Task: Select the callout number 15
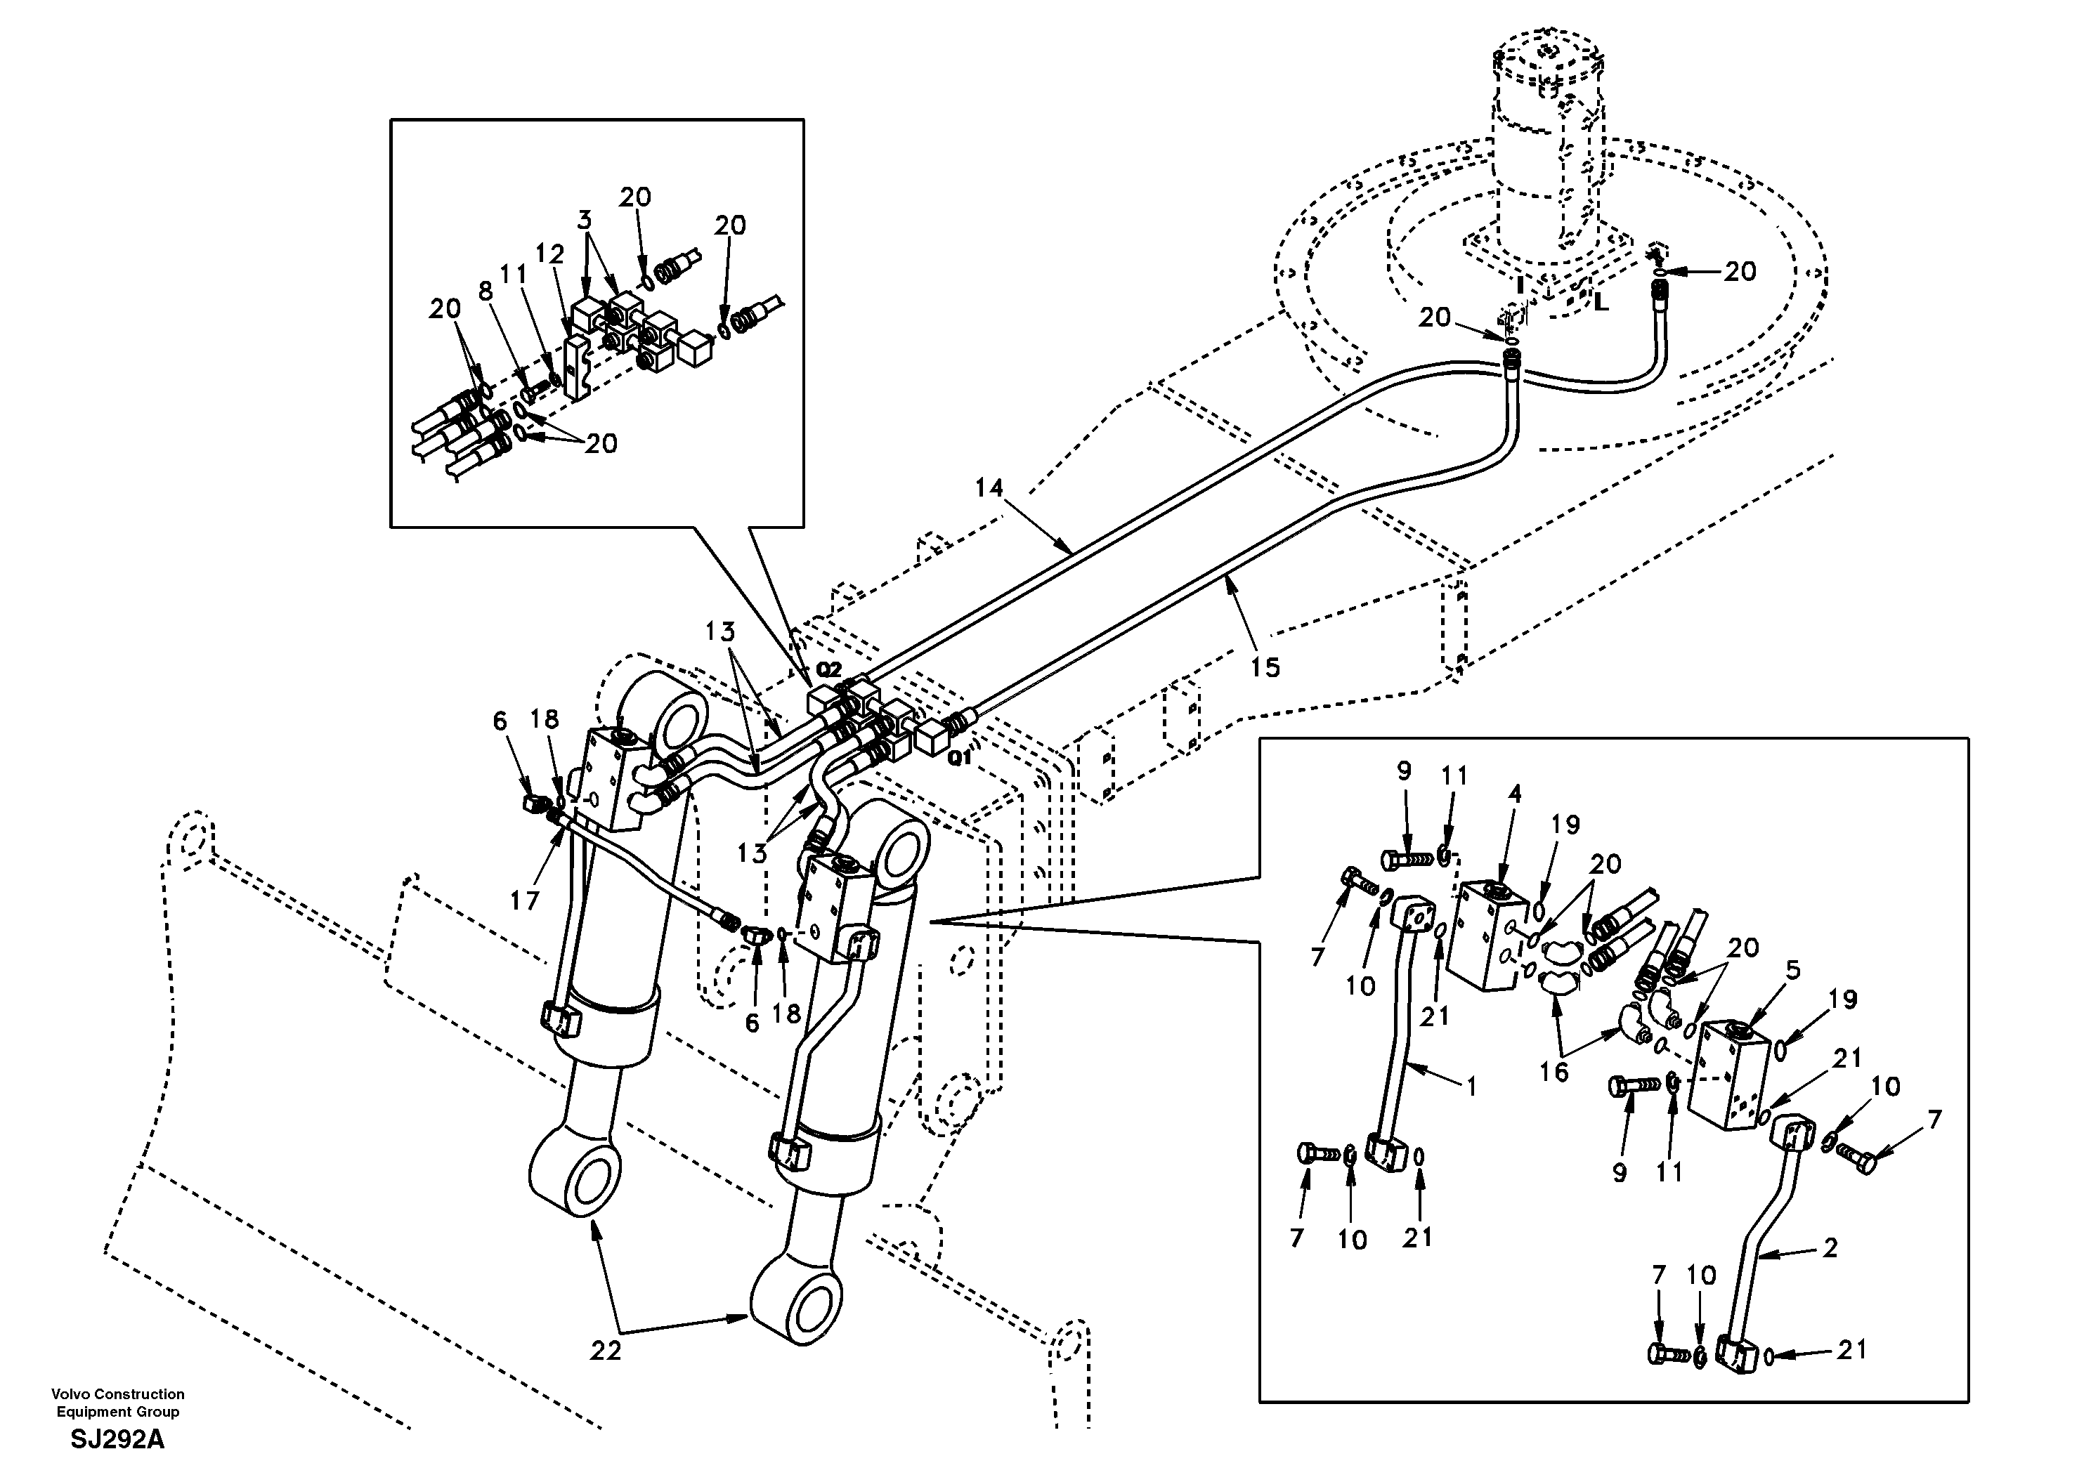coord(1265,667)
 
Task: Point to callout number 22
coord(605,1350)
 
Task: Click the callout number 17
coord(525,900)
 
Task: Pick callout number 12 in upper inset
coord(550,255)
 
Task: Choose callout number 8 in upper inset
coord(486,291)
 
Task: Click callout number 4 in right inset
coord(1515,794)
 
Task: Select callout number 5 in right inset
coord(1792,971)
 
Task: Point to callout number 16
coord(1553,1073)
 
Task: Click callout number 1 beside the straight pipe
coord(1470,1085)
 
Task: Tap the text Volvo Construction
coord(117,1394)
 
